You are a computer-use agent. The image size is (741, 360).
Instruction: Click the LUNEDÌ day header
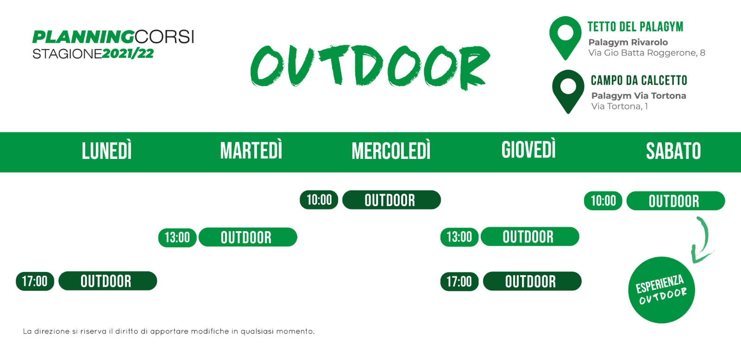[x=107, y=151]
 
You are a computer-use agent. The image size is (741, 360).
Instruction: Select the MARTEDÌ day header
[x=251, y=151]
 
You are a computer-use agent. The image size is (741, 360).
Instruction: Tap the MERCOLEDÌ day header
[x=391, y=151]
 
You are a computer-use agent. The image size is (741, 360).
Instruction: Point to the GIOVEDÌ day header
[x=528, y=150]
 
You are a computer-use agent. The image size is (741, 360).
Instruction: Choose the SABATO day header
[x=673, y=151]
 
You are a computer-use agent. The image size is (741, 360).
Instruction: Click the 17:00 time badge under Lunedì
[x=35, y=281]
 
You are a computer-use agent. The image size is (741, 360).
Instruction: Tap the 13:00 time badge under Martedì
[x=177, y=238]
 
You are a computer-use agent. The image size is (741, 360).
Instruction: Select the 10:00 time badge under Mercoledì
[x=319, y=200]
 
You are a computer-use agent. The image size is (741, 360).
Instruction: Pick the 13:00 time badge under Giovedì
[x=459, y=237]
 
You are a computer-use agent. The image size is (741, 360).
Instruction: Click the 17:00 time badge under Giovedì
[x=459, y=282]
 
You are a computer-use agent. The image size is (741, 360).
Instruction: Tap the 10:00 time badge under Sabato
[x=603, y=201]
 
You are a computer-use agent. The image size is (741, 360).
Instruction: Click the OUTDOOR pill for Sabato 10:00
[x=676, y=201]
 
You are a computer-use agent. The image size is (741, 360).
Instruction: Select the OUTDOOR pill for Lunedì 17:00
[x=108, y=281]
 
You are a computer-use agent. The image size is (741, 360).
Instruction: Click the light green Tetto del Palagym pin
[x=565, y=38]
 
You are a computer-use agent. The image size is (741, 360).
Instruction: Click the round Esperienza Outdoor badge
[x=662, y=290]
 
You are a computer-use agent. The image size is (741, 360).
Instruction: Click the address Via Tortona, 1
[x=620, y=106]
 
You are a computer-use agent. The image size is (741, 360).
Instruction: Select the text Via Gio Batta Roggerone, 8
[x=647, y=53]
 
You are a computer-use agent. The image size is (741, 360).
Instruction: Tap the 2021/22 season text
[x=128, y=54]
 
